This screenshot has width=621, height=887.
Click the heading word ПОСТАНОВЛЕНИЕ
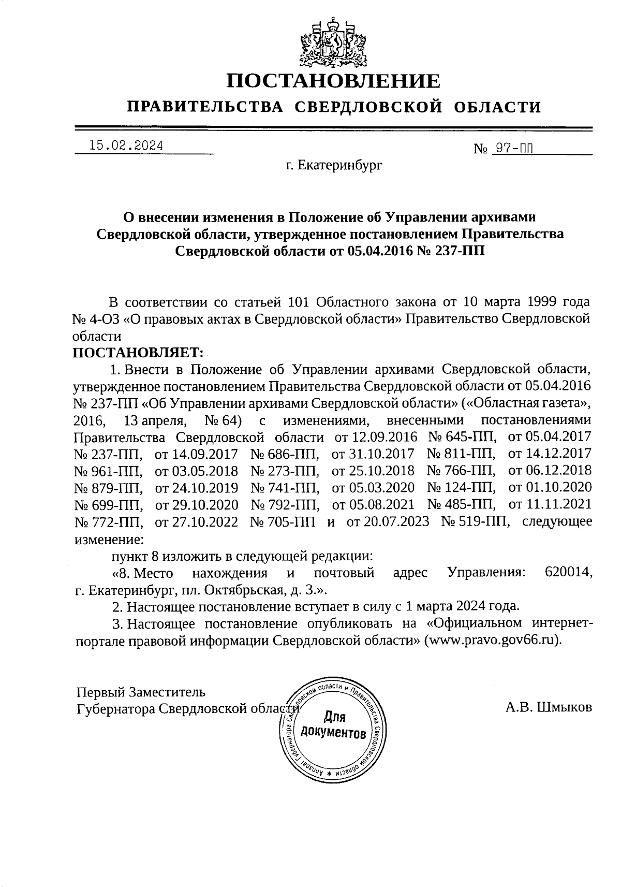point(334,81)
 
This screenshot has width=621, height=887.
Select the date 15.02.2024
point(126,146)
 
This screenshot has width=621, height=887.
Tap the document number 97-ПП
point(513,149)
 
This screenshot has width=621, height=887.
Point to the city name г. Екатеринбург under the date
point(334,166)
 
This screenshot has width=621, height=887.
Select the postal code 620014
point(568,573)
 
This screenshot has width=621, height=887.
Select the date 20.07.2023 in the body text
point(388,521)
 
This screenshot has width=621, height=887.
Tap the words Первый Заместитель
point(141,692)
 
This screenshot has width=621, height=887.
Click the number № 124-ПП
point(461,487)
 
